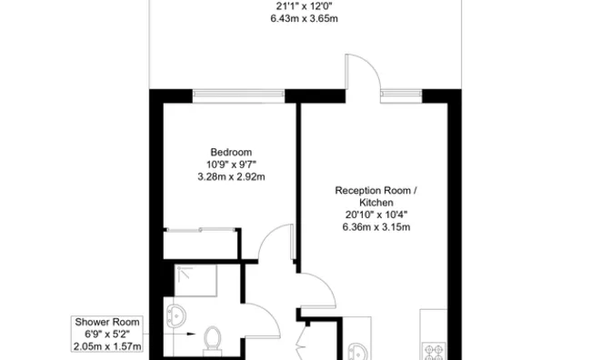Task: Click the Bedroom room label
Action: pyautogui.click(x=231, y=152)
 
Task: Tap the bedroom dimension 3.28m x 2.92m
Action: pyautogui.click(x=231, y=176)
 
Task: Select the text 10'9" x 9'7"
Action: pyautogui.click(x=231, y=165)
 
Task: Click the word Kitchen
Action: pyautogui.click(x=376, y=203)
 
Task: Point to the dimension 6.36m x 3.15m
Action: pyautogui.click(x=376, y=227)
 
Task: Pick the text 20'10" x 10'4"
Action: pyautogui.click(x=376, y=215)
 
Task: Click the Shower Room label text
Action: pyautogui.click(x=107, y=322)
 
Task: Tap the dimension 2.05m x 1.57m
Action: pyautogui.click(x=107, y=346)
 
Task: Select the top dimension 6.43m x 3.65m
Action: pyautogui.click(x=305, y=18)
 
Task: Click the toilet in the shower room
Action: pyautogui.click(x=212, y=339)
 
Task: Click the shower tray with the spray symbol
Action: pyautogui.click(x=195, y=280)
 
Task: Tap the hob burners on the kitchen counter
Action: pyautogui.click(x=434, y=352)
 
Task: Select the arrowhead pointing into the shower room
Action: pyautogui.click(x=191, y=334)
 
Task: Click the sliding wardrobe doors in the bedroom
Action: pyautogui.click(x=201, y=230)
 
